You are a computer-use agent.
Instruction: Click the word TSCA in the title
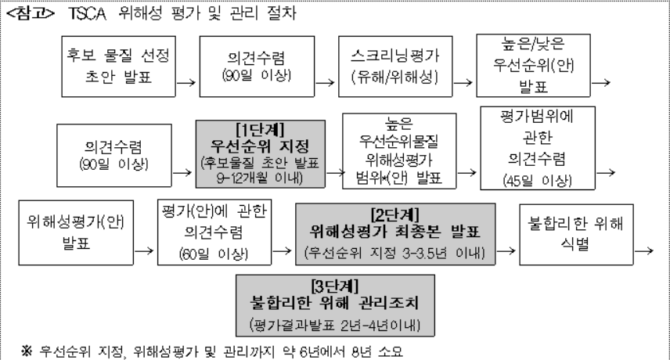coord(88,13)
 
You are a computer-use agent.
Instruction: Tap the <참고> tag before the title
coord(31,13)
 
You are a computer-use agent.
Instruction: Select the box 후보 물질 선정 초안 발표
coord(118,67)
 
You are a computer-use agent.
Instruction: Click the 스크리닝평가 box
coord(395,67)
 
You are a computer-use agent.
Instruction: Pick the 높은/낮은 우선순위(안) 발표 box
coord(533,66)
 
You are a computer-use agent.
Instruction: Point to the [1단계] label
coord(260,129)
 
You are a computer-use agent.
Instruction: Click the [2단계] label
coord(394,214)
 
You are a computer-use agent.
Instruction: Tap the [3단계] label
coord(335,286)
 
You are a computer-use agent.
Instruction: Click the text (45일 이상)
coord(537,181)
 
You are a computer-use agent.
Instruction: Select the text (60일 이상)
coord(214,254)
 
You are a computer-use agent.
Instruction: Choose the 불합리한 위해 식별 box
coord(576,235)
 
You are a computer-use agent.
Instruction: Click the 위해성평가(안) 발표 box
coord(76,232)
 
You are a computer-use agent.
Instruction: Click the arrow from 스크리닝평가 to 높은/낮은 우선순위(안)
coord(463,82)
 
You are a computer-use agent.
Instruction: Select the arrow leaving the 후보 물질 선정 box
coord(186,82)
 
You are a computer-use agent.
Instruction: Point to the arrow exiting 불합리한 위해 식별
coord(644,250)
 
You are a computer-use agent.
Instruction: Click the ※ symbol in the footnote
coord(27,351)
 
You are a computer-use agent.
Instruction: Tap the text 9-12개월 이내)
coord(260,178)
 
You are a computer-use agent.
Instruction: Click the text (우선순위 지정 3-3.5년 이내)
coord(394,253)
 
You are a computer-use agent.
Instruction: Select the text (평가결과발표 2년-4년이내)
coord(335,325)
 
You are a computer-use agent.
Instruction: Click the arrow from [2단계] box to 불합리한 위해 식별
coord(506,250)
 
